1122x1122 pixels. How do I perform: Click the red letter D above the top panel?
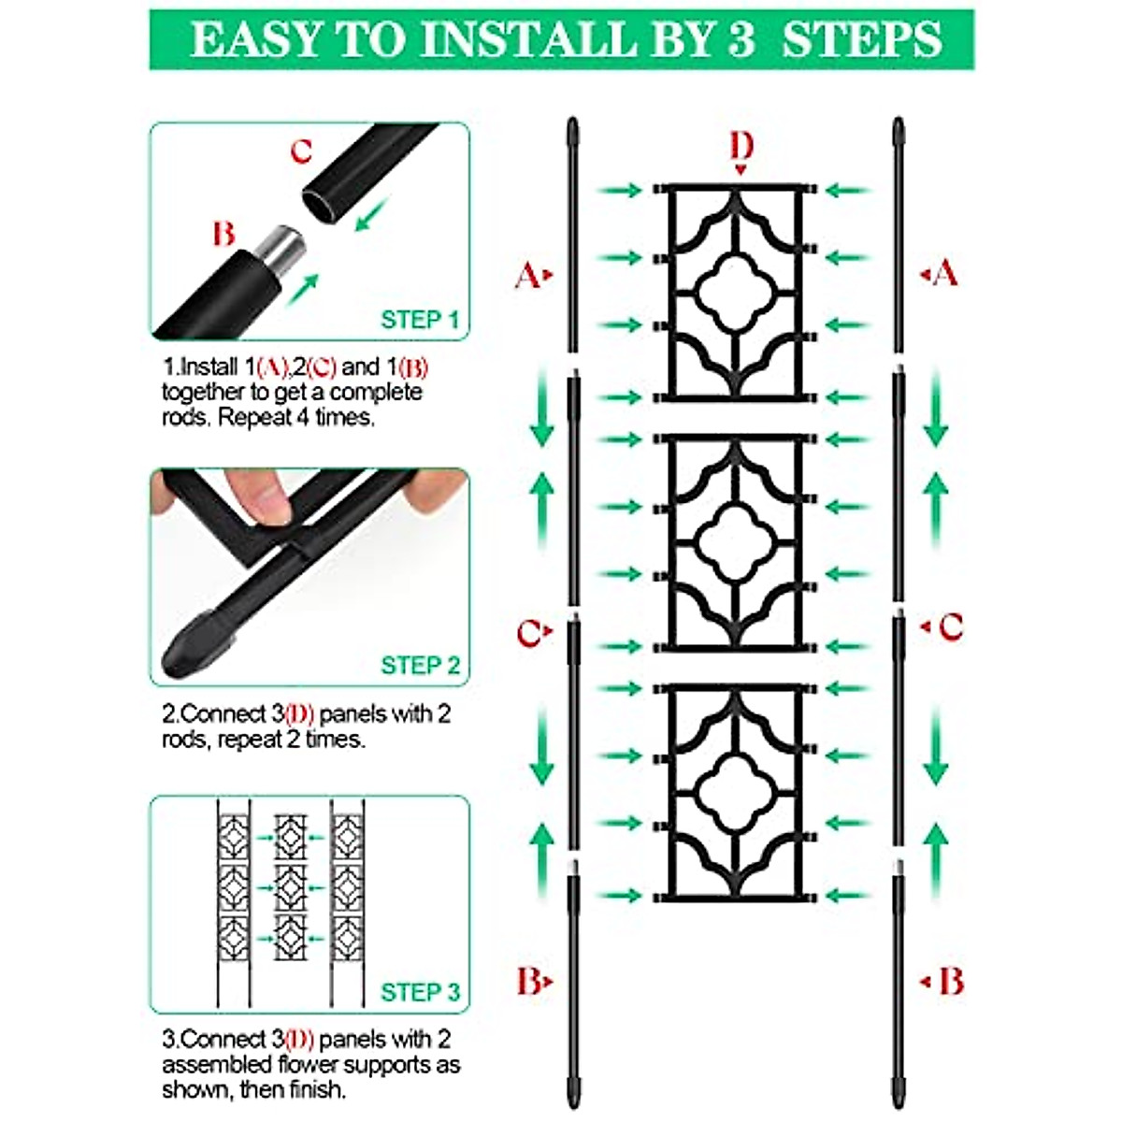(x=741, y=146)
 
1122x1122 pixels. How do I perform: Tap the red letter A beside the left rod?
(x=528, y=275)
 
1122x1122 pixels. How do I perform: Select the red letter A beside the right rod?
(x=946, y=273)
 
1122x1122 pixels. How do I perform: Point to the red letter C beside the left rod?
(x=529, y=634)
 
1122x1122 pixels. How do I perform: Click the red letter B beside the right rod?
(x=950, y=982)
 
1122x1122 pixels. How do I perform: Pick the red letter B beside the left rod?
(x=529, y=982)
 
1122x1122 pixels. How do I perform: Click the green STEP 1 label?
(x=420, y=320)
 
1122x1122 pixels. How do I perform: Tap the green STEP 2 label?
(x=420, y=666)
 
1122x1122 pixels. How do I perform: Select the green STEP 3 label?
(x=420, y=992)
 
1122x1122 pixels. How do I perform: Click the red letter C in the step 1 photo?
(x=301, y=151)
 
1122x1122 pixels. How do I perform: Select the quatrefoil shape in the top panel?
(x=736, y=292)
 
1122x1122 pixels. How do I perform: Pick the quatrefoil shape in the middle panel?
(x=736, y=542)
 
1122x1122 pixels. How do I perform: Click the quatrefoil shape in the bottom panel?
(x=736, y=791)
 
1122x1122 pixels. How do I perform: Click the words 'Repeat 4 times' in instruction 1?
(x=296, y=417)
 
